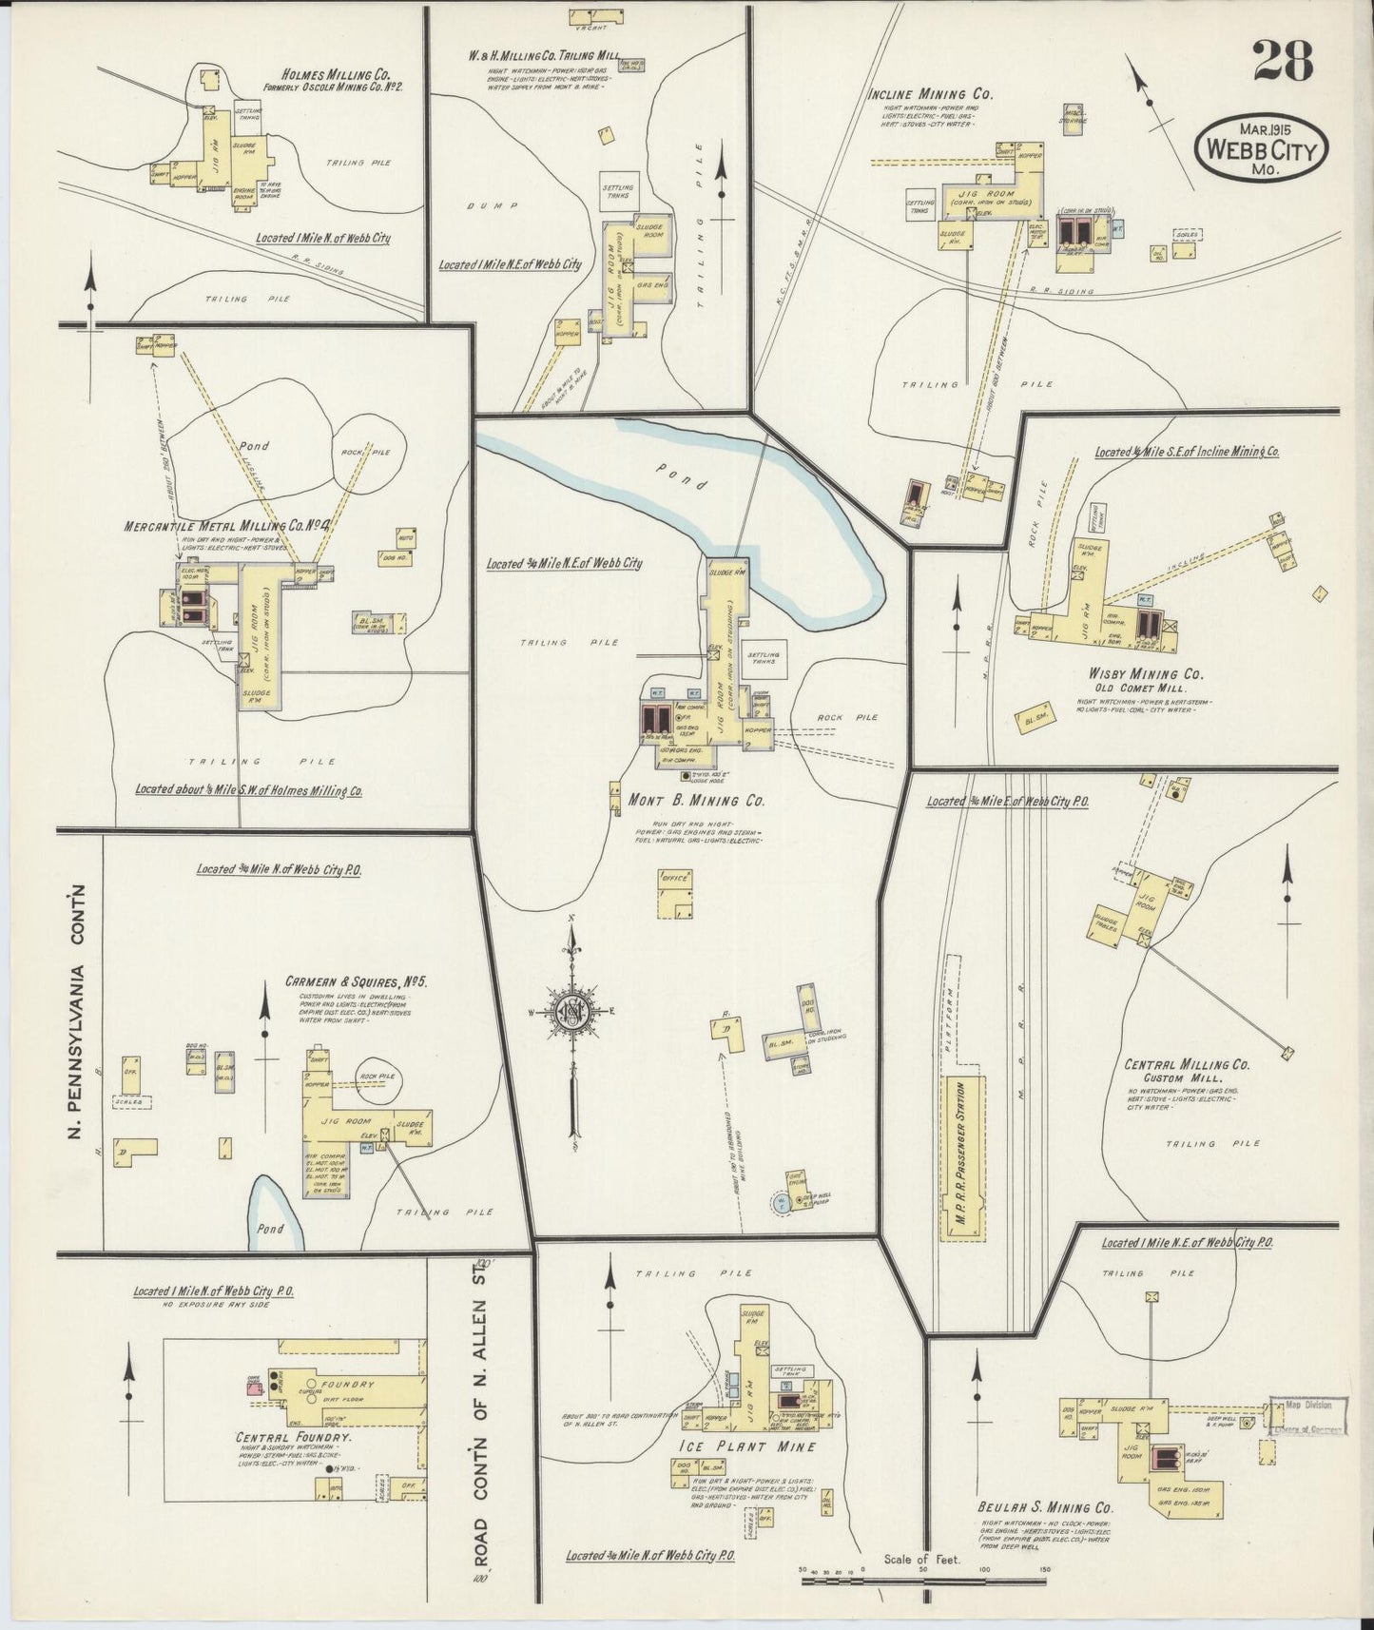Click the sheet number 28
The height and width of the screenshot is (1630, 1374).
(1284, 62)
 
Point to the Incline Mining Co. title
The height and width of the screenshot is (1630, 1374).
(931, 94)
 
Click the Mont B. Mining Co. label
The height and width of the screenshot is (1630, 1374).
(697, 801)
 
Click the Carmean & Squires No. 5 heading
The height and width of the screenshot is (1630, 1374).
(357, 982)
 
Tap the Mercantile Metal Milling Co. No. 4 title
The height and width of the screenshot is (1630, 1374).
(226, 526)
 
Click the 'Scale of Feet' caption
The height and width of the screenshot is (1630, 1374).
(922, 1559)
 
